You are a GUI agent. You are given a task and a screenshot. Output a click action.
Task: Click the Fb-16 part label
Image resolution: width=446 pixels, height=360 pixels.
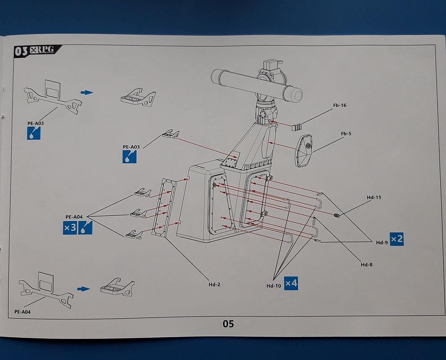pyautogui.click(x=340, y=105)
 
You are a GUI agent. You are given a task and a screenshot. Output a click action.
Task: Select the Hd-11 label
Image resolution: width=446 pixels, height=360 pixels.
pyautogui.click(x=374, y=198)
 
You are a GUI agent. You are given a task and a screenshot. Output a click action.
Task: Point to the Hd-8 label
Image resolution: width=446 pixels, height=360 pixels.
pyautogui.click(x=367, y=264)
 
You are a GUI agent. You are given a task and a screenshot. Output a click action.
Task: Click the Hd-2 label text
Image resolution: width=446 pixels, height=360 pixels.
pyautogui.click(x=214, y=284)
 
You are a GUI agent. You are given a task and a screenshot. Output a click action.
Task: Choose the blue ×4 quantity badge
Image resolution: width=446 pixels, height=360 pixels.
pyautogui.click(x=291, y=283)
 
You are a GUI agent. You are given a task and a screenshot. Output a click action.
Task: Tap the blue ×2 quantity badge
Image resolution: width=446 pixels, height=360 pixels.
pyautogui.click(x=397, y=239)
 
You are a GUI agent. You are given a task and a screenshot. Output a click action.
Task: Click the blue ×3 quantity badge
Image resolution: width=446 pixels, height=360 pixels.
pyautogui.click(x=70, y=228)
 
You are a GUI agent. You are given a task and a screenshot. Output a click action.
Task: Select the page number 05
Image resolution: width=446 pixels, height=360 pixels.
pyautogui.click(x=228, y=324)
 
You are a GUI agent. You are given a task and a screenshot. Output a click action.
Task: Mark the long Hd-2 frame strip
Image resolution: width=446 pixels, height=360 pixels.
pyautogui.click(x=162, y=207)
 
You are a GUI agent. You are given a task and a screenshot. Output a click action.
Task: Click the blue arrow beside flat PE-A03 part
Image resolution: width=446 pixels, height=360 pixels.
pyautogui.click(x=87, y=92)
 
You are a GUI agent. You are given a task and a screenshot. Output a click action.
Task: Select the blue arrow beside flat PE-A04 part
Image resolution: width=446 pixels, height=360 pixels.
pyautogui.click(x=83, y=289)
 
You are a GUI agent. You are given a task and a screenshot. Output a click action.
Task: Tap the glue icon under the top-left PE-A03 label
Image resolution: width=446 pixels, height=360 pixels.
pyautogui.click(x=34, y=133)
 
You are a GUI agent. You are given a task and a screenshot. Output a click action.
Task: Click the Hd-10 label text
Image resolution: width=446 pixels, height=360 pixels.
pyautogui.click(x=273, y=285)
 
